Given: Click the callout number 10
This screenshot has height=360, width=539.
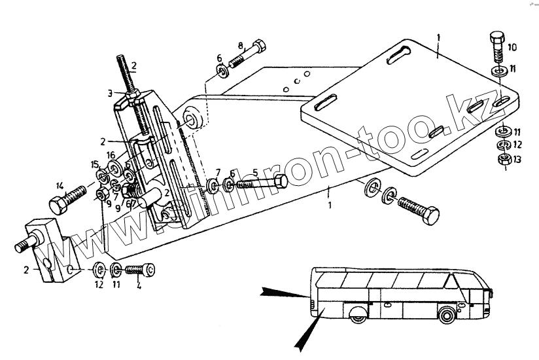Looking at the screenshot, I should (x=512, y=47).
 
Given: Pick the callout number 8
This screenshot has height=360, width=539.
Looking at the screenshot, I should (x=241, y=46).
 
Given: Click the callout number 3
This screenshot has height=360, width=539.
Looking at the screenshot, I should (x=111, y=92).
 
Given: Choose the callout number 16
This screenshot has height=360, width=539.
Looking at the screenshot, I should (x=111, y=156).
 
